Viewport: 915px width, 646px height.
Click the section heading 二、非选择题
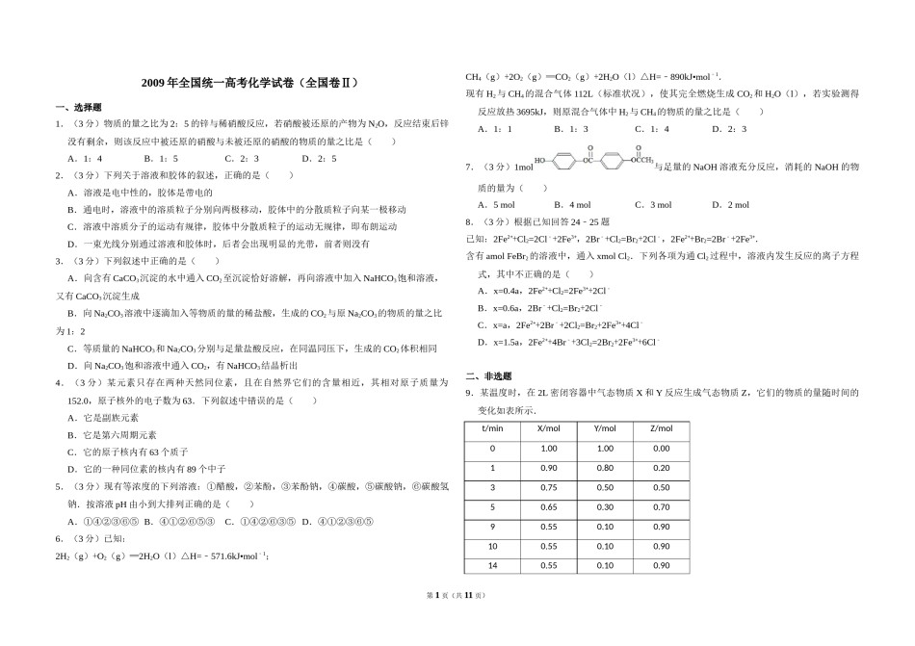pyautogui.click(x=489, y=376)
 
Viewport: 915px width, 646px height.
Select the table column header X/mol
pyautogui.click(x=549, y=428)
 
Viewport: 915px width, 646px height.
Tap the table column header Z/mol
pyautogui.click(x=661, y=428)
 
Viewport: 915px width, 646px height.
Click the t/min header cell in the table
pyautogui.click(x=492, y=428)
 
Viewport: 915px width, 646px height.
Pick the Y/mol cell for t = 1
pyautogui.click(x=605, y=468)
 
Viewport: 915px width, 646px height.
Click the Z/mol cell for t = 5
pyautogui.click(x=661, y=506)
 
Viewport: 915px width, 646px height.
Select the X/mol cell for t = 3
pyautogui.click(x=549, y=487)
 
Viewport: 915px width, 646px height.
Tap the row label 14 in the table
pyautogui.click(x=492, y=565)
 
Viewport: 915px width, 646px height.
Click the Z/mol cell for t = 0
pyautogui.click(x=661, y=449)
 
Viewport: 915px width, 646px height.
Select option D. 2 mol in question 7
pyautogui.click(x=731, y=205)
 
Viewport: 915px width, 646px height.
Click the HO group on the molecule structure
pyautogui.click(x=541, y=161)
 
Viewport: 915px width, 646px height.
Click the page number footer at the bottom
pyautogui.click(x=457, y=624)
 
